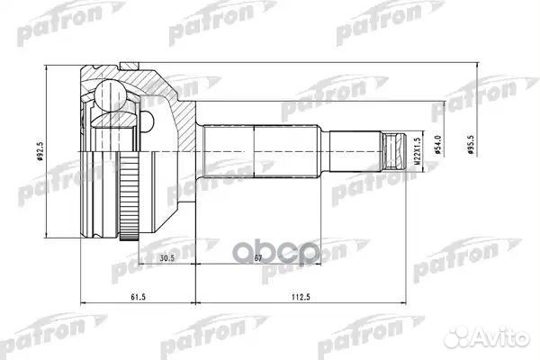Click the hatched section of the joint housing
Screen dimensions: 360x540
pos(184,103)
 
